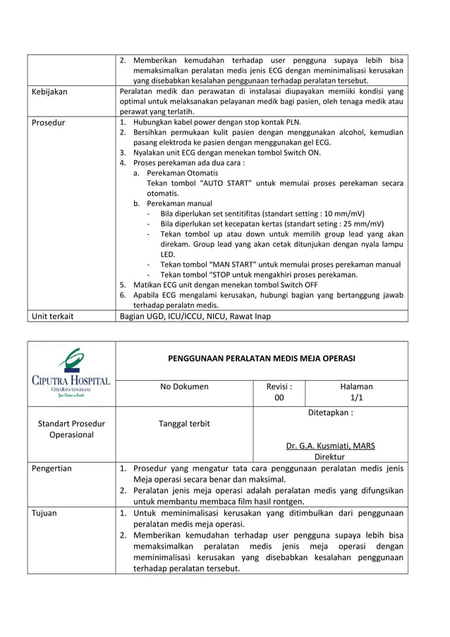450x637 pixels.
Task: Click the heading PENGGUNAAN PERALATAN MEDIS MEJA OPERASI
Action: (261, 358)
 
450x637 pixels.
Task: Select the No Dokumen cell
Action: (184, 387)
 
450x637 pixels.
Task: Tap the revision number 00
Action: (279, 399)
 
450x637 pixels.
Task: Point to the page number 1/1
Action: (356, 399)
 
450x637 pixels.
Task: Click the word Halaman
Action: (356, 387)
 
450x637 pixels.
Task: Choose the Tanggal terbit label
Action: (184, 423)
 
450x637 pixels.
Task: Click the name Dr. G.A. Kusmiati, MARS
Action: (330, 446)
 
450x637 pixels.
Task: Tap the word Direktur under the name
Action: (330, 457)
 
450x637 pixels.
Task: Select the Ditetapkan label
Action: (330, 413)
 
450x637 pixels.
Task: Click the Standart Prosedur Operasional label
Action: (71, 429)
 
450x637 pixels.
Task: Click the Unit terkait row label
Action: (53, 316)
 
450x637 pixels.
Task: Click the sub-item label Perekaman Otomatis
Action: (183, 173)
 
